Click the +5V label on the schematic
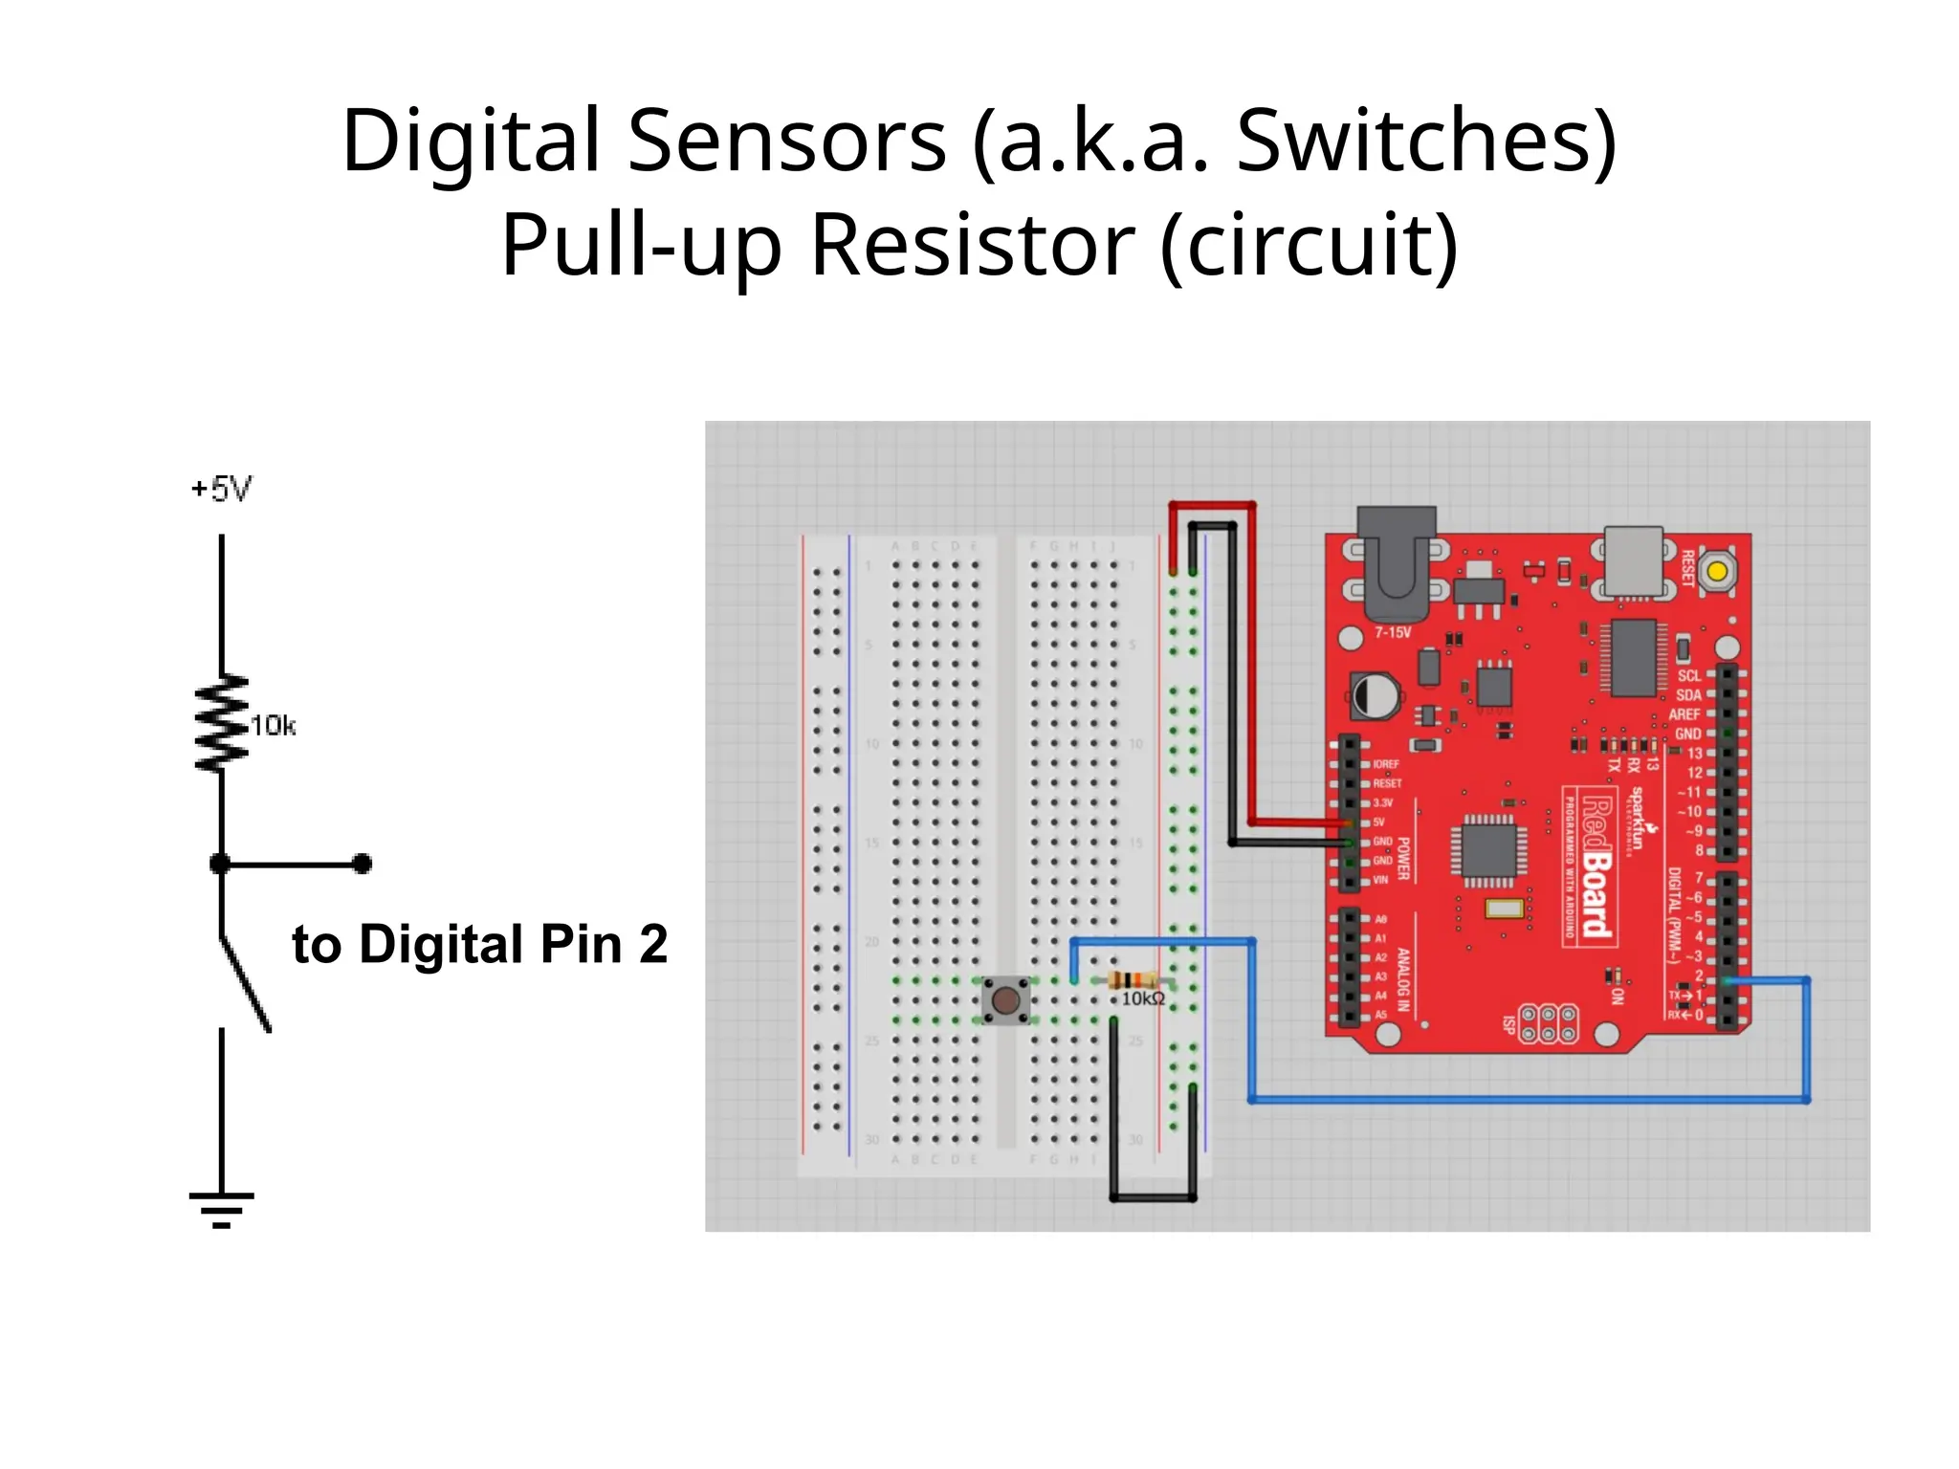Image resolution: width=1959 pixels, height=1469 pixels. (x=222, y=489)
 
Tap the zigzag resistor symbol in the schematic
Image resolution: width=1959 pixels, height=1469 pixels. (x=222, y=723)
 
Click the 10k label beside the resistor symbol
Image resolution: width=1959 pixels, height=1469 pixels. (x=274, y=726)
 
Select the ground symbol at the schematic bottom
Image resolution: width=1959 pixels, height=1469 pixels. (x=222, y=1209)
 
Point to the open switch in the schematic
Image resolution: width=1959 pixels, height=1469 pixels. (x=245, y=983)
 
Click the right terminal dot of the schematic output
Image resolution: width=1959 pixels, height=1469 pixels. (x=362, y=864)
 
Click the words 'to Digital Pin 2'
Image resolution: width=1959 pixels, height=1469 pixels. (x=479, y=944)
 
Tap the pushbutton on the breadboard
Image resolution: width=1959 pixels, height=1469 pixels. (x=1005, y=1000)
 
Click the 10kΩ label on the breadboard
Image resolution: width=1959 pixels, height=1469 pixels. (x=1143, y=998)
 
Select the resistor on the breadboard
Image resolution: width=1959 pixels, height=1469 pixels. (x=1134, y=979)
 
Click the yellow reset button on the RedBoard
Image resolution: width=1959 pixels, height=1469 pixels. (x=1717, y=572)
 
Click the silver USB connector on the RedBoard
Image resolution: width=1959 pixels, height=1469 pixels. (x=1634, y=560)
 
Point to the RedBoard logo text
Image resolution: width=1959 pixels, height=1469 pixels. (x=1596, y=866)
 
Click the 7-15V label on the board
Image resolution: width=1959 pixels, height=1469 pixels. (x=1393, y=632)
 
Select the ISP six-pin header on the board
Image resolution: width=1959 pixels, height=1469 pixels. (x=1548, y=1023)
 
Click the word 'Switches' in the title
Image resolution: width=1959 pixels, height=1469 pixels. (x=1426, y=141)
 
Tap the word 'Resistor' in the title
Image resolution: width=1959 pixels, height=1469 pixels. (x=973, y=245)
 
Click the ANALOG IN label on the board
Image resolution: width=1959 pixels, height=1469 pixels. (x=1403, y=979)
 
